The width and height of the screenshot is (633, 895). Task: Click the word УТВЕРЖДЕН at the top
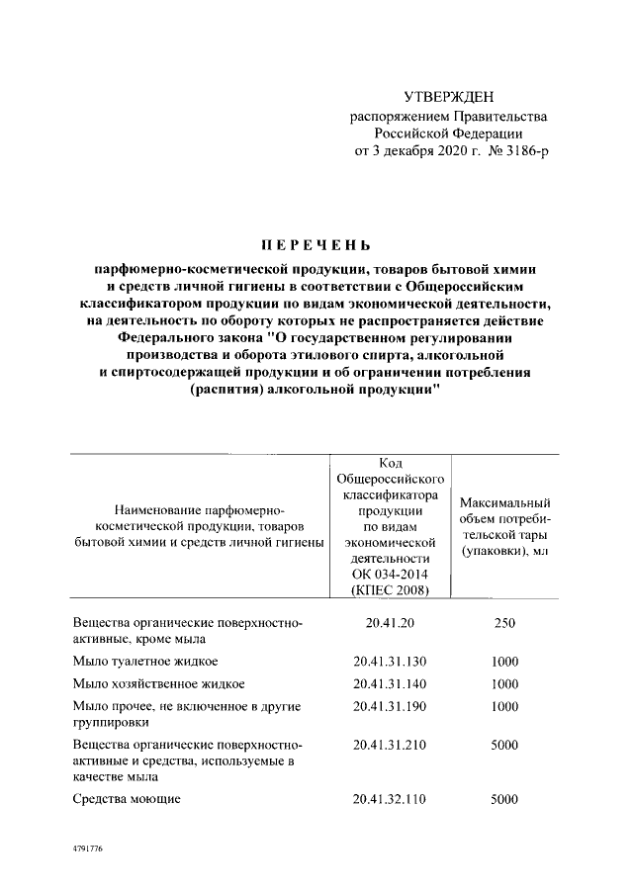(x=448, y=97)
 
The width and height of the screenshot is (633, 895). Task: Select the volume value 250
(x=504, y=623)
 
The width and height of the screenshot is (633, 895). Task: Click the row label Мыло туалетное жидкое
(x=145, y=661)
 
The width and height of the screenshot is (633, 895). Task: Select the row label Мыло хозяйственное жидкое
(x=158, y=683)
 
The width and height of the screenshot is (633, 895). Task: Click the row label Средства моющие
(x=127, y=798)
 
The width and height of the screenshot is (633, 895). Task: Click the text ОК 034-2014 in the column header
(x=389, y=574)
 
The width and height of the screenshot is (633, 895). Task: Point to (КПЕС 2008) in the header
(x=389, y=589)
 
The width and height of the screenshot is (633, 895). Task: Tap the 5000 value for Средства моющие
(x=504, y=798)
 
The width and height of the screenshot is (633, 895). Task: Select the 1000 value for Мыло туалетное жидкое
(x=504, y=661)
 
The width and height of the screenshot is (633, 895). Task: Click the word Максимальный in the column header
(x=505, y=502)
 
